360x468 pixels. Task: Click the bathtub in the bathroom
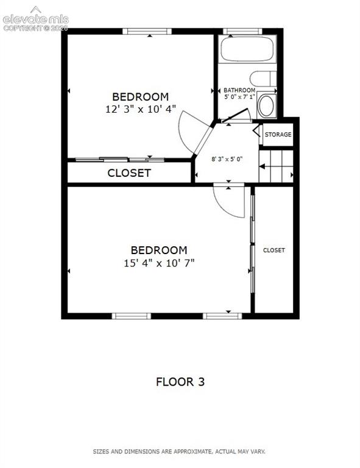click(x=247, y=49)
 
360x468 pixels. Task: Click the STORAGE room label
click(x=278, y=135)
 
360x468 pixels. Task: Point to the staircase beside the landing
click(x=276, y=166)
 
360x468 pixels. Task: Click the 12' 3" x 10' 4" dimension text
click(x=141, y=109)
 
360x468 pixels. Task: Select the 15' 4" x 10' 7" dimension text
click(x=159, y=263)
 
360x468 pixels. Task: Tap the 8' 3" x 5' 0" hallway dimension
click(x=227, y=159)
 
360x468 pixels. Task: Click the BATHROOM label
click(x=239, y=90)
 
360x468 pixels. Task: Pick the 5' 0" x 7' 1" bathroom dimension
click(x=239, y=97)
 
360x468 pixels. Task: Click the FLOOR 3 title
click(x=180, y=381)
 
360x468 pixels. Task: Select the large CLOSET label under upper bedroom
click(x=129, y=173)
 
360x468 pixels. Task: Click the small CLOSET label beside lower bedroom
click(x=274, y=250)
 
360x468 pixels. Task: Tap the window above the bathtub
click(x=242, y=31)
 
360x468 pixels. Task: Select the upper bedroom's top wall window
click(x=147, y=31)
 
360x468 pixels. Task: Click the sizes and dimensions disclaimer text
click(x=179, y=452)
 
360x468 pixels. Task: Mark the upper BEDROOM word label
click(x=141, y=97)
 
